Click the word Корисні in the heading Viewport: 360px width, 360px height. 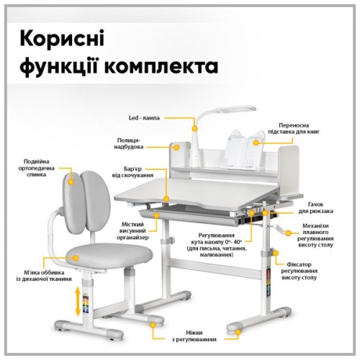[59, 38]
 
